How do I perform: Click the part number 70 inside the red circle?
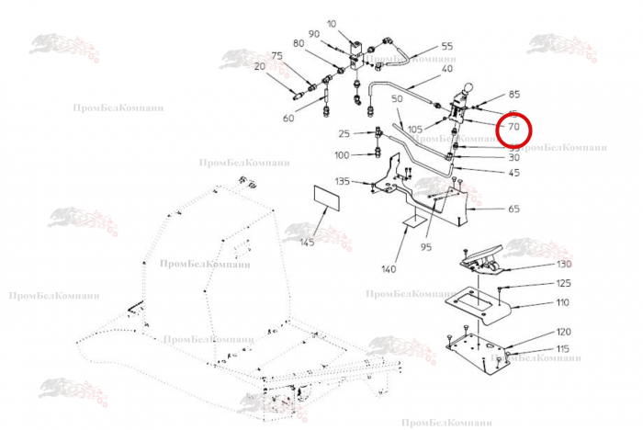coord(514,126)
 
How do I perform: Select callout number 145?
coord(306,242)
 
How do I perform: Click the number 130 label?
coord(563,265)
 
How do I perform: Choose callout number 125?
coord(563,283)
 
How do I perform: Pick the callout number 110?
coord(562,302)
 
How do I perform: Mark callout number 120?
coord(563,332)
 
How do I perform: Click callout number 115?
coord(563,349)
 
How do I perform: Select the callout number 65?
coord(513,209)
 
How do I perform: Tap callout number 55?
coord(446,46)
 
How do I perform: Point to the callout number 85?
coord(513,95)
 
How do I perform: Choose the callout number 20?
coord(259,66)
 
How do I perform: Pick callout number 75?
coord(276,56)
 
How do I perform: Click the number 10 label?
coord(332,23)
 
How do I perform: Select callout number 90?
coord(313,34)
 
